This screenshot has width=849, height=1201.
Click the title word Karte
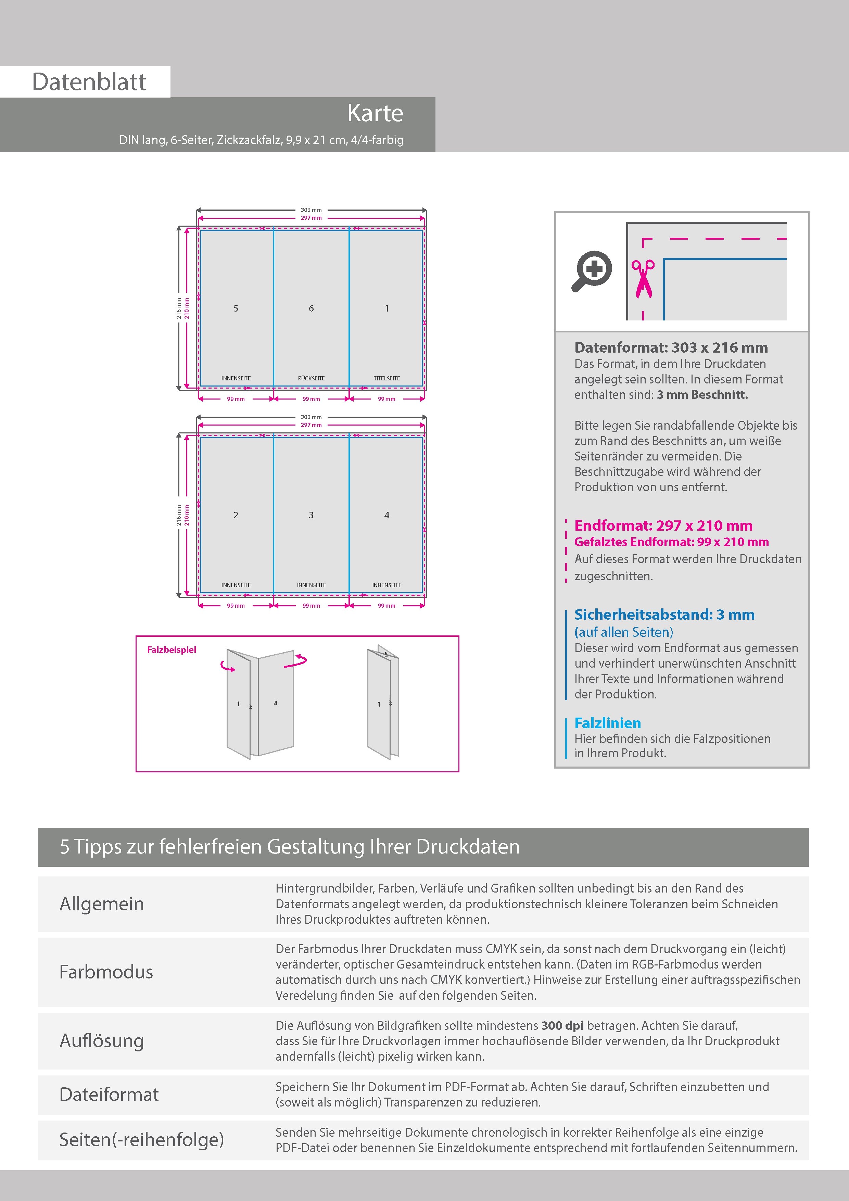point(375,114)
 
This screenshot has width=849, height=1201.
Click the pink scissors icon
point(643,279)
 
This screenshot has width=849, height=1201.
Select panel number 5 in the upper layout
point(236,308)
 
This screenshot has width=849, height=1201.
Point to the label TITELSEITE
point(387,378)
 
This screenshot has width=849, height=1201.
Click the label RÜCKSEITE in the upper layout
point(311,378)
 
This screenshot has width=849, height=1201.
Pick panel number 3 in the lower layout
point(311,515)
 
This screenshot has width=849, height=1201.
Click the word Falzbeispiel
point(172,650)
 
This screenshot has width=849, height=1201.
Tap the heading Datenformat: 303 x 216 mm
point(671,347)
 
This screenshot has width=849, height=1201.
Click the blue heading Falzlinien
point(607,723)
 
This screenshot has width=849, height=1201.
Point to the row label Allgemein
point(101,904)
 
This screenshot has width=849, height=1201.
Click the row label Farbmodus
point(106,972)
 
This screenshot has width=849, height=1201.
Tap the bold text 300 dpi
point(562,1025)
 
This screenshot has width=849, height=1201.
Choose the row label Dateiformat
point(109,1094)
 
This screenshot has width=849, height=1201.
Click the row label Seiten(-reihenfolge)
point(141,1139)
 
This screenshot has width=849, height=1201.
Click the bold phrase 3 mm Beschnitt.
point(702,395)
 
